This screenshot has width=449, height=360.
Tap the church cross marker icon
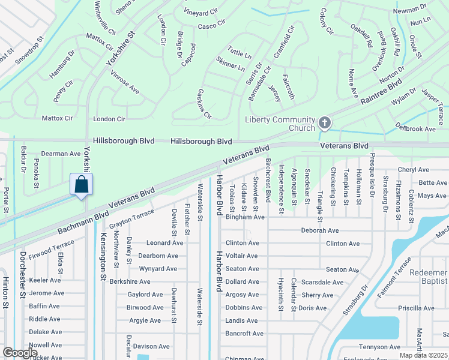pos(325,124)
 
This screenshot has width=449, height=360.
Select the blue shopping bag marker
pos(82,184)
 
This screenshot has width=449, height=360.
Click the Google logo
pos(20,353)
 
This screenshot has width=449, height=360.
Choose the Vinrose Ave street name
pos(125,83)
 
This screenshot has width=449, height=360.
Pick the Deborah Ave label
pos(319,230)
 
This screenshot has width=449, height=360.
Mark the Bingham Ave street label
pos(245,217)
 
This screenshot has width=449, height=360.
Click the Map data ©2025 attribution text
pos(423,355)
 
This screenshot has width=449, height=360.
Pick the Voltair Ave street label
pos(241,256)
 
